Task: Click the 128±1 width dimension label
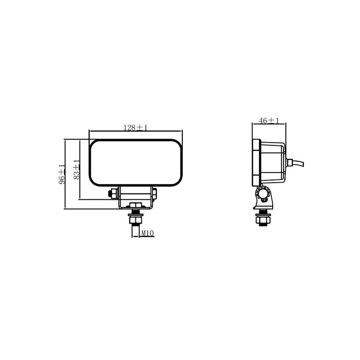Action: pos(135,128)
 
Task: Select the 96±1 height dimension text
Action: pos(62,174)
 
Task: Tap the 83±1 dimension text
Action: pos(76,170)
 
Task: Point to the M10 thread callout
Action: pos(147,234)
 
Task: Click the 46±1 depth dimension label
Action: pos(269,120)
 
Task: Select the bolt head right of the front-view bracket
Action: pos(154,193)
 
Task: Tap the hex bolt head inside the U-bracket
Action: pos(135,205)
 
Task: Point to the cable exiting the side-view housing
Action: pos(298,163)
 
